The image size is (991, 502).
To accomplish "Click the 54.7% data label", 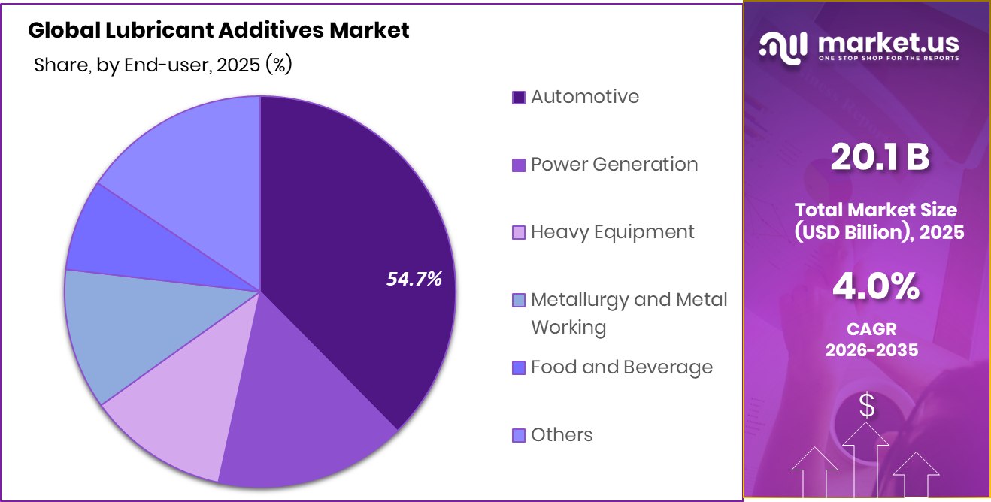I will [x=414, y=280].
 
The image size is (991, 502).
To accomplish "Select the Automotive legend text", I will [x=585, y=97].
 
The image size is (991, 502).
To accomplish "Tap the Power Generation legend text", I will [x=614, y=165].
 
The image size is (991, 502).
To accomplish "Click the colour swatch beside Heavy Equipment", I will [x=518, y=233].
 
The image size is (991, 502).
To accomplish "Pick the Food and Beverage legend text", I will [x=621, y=367].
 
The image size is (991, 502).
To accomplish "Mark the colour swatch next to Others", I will [x=518, y=436].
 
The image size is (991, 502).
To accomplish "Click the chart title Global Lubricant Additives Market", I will [x=219, y=31].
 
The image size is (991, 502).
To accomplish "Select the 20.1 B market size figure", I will [x=880, y=157].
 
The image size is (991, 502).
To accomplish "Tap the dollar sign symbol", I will [x=867, y=407].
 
